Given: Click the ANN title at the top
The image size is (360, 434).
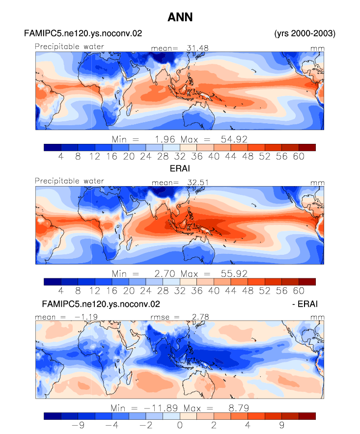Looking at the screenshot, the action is [180, 18].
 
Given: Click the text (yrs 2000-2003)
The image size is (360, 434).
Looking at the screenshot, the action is [305, 33].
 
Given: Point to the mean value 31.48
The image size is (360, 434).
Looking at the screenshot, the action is [197, 48].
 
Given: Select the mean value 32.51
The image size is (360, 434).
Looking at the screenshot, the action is [198, 183].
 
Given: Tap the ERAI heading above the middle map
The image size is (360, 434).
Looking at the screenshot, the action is [180, 168].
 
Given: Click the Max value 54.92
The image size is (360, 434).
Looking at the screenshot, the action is [234, 139].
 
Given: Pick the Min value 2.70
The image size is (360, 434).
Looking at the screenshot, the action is [165, 274].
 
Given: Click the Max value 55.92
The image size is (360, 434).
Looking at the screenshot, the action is [234, 274].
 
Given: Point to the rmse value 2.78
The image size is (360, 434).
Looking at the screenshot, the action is [200, 317].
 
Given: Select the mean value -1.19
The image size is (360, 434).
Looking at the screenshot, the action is [86, 317].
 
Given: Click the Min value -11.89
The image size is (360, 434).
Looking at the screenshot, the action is [161, 408].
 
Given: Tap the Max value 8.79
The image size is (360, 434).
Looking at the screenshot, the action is [239, 408].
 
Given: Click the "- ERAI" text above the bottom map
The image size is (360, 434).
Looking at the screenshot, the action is [305, 304].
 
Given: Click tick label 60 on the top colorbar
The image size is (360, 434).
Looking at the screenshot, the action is [299, 157].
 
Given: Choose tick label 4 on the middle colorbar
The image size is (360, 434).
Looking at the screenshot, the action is [61, 291].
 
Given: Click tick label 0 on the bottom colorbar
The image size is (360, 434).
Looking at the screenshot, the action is [180, 425].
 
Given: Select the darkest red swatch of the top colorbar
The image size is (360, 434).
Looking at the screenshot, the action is [307, 147].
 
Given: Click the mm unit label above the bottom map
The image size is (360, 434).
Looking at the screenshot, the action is [317, 317].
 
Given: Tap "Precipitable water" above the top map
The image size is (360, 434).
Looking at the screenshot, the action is [69, 47].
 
